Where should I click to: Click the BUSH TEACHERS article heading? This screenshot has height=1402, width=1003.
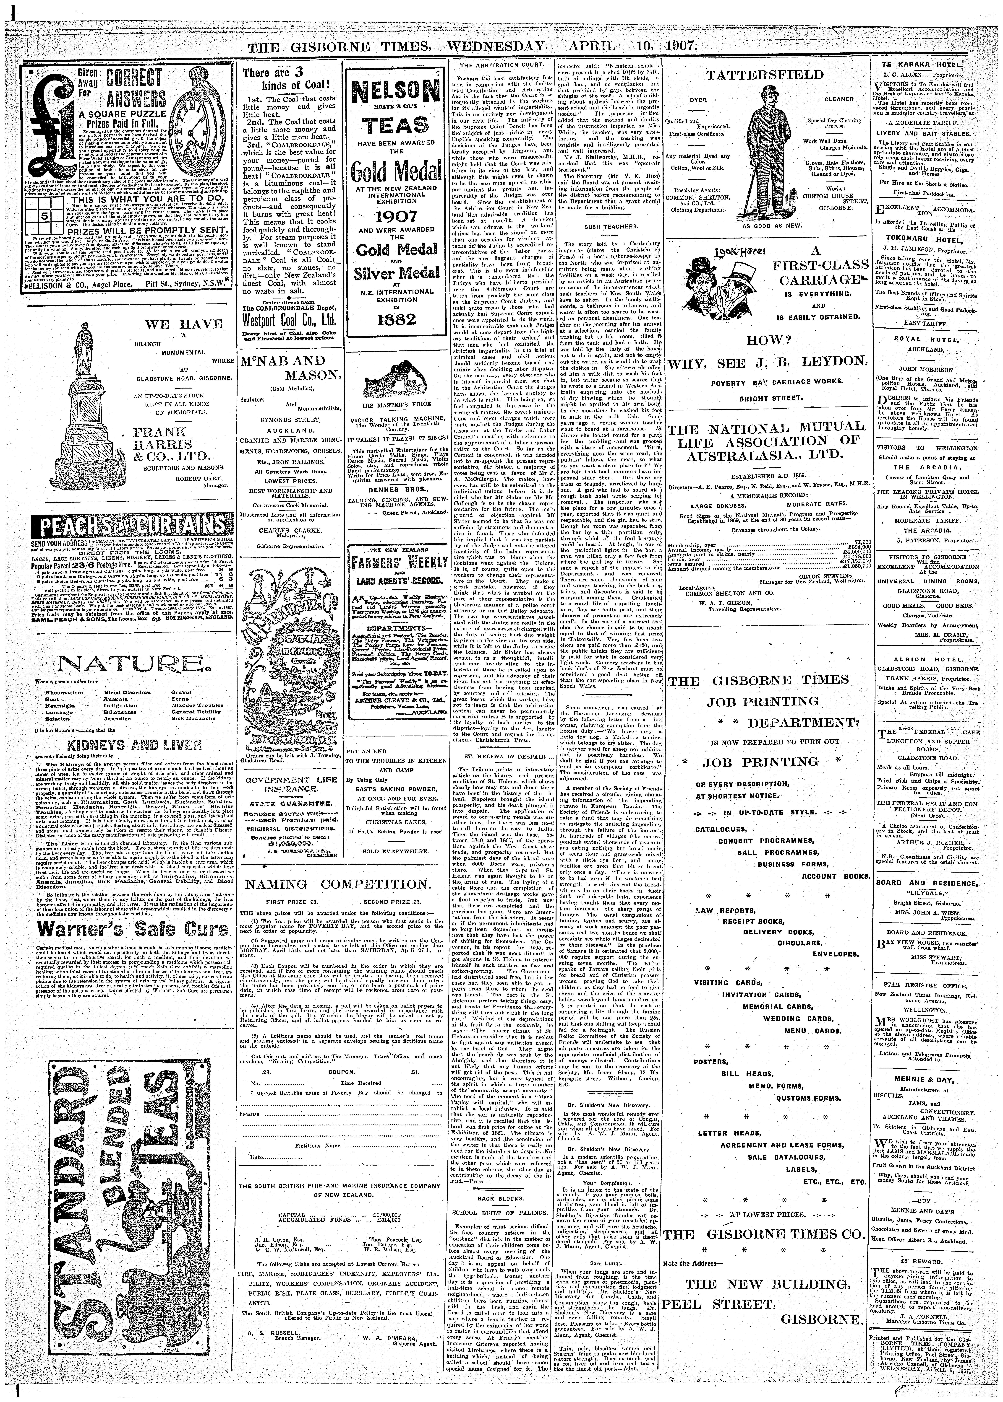tap(602, 227)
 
